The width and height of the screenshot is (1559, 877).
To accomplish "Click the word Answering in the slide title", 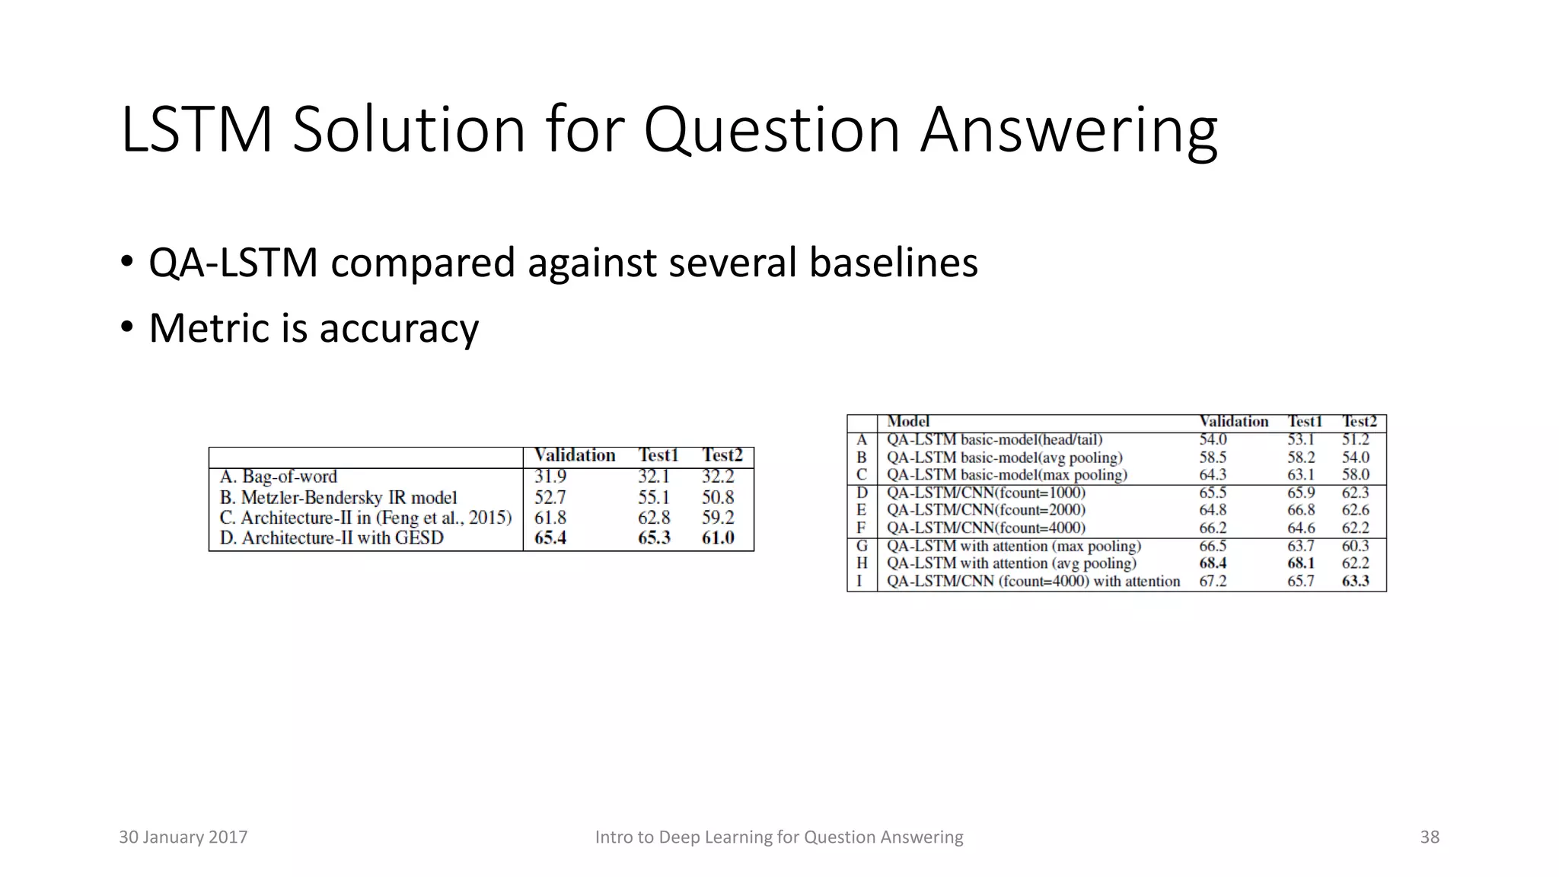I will pos(1069,131).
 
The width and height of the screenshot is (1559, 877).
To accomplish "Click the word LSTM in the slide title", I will pos(197,131).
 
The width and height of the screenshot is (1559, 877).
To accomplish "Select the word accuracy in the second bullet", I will pos(399,329).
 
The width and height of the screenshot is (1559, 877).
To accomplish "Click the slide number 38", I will pos(1430,837).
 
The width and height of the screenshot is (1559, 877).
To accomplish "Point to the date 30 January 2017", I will pos(183,837).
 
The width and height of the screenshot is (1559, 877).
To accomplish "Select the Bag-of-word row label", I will pos(279,477).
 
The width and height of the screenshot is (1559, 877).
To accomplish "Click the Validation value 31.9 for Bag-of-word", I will pos(550,477).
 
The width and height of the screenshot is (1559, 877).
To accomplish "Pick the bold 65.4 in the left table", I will pos(550,538).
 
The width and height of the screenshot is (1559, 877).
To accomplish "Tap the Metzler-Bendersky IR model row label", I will pos(339,498).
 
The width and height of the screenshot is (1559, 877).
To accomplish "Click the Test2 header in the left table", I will pos(722,455).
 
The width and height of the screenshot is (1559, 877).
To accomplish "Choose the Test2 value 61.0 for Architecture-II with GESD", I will pos(718,538).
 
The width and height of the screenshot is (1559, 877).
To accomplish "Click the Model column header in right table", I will pos(908,422).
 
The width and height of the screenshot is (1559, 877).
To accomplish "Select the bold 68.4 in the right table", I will pos(1213,563).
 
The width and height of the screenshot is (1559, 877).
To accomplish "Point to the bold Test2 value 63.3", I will pos(1355,582).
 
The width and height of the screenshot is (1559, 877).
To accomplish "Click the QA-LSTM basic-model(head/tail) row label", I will pos(994,440).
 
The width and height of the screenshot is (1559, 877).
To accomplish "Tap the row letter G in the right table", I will pos(862,547).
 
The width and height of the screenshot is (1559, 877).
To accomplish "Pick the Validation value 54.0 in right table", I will pos(1213,440).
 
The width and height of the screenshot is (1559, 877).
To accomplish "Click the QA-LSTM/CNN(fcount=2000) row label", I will pos(986,510).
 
